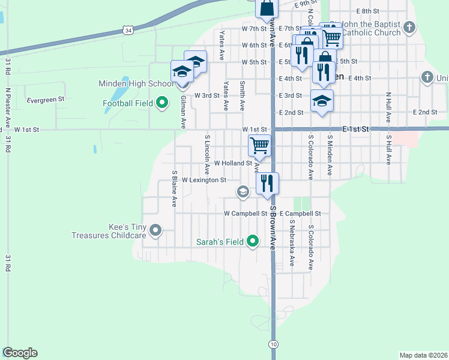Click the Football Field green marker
[161, 104]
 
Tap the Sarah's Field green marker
[253, 242]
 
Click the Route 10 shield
[273, 344]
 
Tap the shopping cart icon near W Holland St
[259, 145]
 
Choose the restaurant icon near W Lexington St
[267, 182]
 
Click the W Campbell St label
[245, 213]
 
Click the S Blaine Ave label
[175, 189]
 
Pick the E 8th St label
[367, 11]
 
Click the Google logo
[20, 353]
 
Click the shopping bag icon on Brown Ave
[267, 8]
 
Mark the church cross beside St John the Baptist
[409, 27]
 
